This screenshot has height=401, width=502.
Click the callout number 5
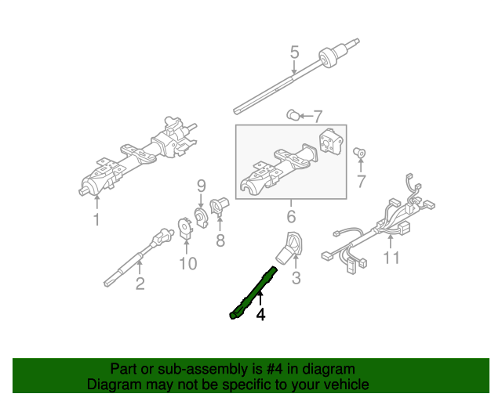click(x=294, y=52)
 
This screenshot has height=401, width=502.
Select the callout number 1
click(x=96, y=220)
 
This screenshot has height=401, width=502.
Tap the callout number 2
click(x=140, y=284)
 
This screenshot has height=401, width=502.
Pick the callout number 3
click(x=296, y=278)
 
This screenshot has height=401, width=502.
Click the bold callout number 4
click(x=260, y=315)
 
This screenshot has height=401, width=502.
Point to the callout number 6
click(x=290, y=216)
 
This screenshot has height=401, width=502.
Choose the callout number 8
click(x=220, y=241)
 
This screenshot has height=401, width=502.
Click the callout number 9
click(x=201, y=186)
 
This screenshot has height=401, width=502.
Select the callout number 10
click(x=187, y=263)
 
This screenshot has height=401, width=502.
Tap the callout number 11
click(x=391, y=258)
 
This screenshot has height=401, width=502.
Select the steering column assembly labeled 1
click(x=137, y=157)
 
